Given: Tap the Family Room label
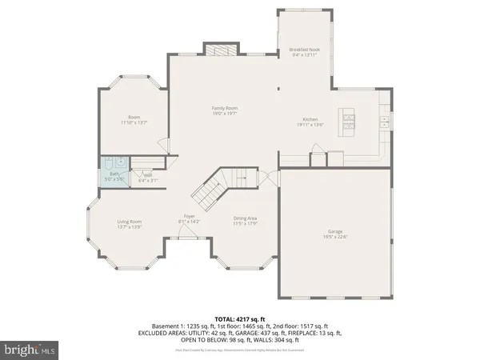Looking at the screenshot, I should pos(225,109).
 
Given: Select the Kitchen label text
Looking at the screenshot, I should pos(310,119).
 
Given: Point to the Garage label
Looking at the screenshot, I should pos(335,231).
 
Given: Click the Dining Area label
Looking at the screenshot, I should pos(245,218).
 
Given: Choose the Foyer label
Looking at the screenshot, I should pos(190,216).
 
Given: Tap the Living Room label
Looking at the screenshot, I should pos(130,222).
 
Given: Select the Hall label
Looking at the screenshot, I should pos(147,175).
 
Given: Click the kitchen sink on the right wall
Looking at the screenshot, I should pos(385,122).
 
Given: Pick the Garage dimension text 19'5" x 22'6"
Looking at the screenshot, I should pos(335,237).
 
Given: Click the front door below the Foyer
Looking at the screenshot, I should pos(189,238).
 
